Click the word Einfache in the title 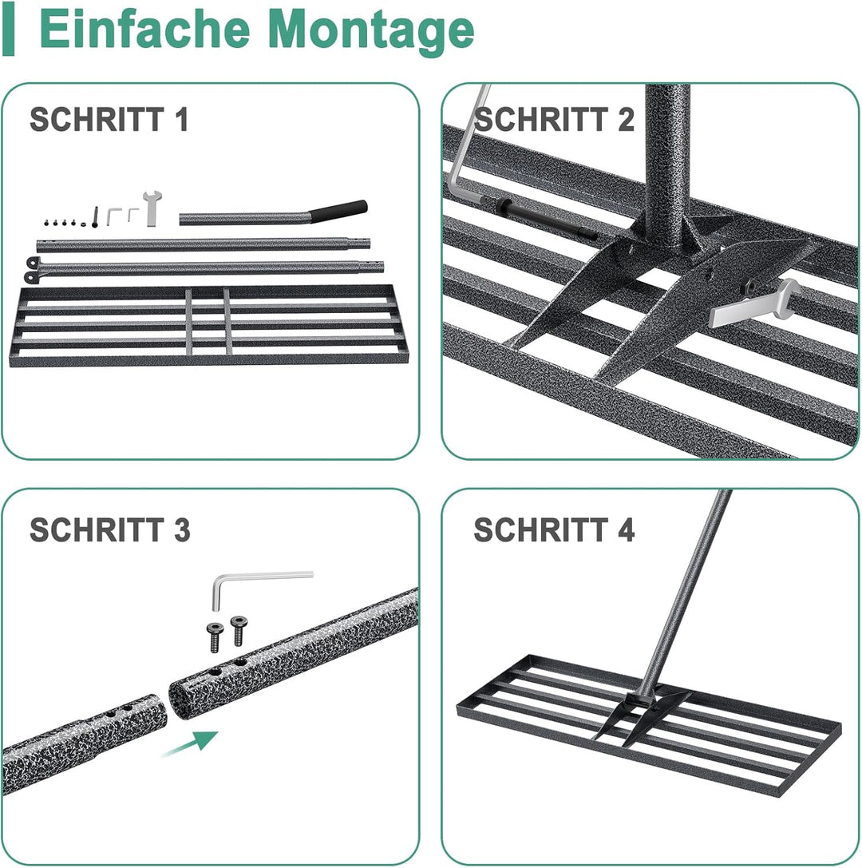point(145,30)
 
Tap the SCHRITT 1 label point(109,119)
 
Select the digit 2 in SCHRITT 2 point(625,119)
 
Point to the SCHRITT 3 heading point(109,529)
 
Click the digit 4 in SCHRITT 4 point(626,529)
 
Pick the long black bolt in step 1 point(95,217)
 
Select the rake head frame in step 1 point(209,326)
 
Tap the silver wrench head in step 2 point(755,303)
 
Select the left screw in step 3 point(214,636)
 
